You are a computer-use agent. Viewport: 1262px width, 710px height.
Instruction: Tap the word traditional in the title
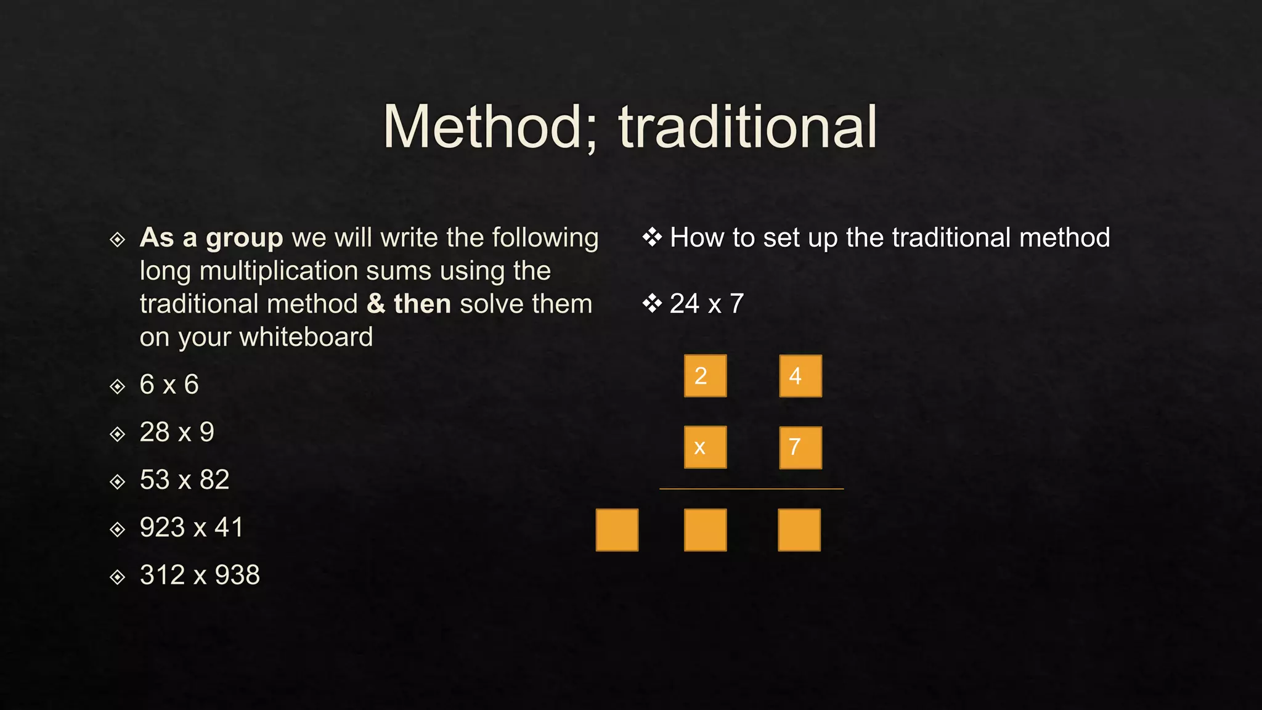(747, 127)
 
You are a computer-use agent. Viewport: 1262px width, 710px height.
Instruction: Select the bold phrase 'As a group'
(211, 238)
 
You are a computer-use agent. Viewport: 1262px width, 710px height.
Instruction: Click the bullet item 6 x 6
(169, 385)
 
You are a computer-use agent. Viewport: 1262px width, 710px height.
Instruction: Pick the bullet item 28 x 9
(177, 432)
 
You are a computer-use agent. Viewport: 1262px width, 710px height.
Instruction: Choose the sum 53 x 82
(184, 479)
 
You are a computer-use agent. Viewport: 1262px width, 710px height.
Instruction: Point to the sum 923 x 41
(191, 528)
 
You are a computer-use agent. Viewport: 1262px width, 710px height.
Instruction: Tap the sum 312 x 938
(200, 575)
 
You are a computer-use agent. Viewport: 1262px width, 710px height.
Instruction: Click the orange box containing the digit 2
(705, 376)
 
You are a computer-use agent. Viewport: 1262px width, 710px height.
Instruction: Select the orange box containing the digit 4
(800, 376)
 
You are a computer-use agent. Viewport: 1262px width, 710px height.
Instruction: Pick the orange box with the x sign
(705, 447)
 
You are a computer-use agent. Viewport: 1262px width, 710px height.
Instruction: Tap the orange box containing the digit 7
(800, 447)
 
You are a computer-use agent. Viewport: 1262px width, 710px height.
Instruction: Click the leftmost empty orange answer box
(617, 530)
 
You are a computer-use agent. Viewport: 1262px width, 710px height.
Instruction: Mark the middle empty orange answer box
(705, 530)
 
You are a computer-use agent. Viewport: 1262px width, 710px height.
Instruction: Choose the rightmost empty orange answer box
(799, 530)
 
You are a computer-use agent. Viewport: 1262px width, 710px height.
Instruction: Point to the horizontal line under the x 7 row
(751, 489)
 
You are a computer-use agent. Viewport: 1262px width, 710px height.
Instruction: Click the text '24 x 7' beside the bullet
(707, 304)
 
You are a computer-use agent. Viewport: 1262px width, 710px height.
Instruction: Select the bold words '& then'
(409, 304)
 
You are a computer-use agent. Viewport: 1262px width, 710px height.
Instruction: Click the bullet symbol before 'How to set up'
(652, 237)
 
